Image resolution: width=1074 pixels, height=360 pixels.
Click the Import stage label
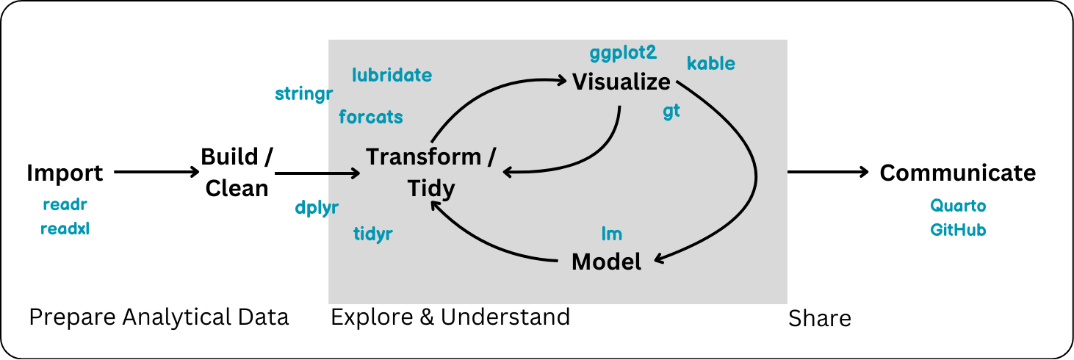coord(65,173)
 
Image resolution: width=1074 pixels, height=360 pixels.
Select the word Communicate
coord(958,173)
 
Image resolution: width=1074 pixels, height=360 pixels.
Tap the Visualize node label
coord(621,82)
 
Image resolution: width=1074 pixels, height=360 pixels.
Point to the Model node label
coord(606,261)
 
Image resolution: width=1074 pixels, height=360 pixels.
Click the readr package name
coord(65,205)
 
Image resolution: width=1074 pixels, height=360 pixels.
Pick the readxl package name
coord(65,228)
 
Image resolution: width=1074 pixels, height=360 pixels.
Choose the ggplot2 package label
coord(622,53)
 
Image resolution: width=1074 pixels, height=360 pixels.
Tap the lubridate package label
coord(392,75)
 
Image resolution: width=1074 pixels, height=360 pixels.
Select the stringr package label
coord(304,94)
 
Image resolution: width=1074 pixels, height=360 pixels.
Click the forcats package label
coord(370,117)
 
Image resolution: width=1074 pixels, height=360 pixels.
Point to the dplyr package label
coord(317,208)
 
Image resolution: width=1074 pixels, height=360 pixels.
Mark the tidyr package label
coord(373,234)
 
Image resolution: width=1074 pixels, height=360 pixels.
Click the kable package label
coord(710,63)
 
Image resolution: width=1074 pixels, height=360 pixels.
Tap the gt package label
coord(671,112)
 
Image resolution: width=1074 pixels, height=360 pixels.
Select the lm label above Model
coord(611,234)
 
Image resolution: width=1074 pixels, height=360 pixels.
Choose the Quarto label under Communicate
coord(958,206)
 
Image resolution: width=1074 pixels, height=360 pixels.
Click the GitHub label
coord(958,230)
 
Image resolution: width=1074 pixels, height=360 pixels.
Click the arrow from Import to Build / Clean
coord(156,173)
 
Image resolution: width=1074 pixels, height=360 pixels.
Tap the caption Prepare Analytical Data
coord(159,317)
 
